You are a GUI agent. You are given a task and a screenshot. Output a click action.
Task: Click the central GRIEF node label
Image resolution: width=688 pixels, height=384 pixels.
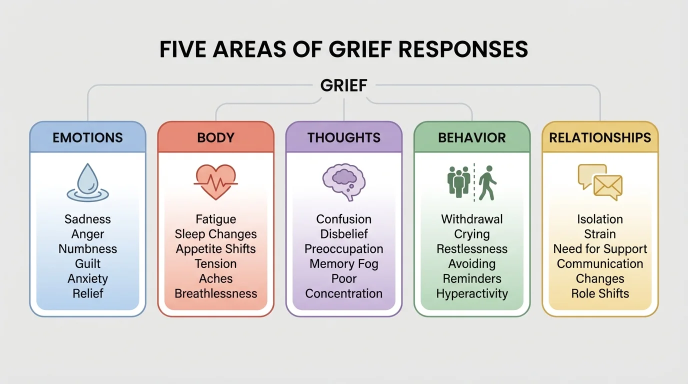(x=343, y=85)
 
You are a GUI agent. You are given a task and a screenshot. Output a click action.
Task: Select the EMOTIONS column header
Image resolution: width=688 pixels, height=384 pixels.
(x=87, y=137)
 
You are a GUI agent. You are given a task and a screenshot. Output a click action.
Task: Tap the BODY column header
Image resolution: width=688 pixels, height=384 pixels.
(x=216, y=137)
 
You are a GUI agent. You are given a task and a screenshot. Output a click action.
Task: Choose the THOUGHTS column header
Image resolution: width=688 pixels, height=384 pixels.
(x=344, y=137)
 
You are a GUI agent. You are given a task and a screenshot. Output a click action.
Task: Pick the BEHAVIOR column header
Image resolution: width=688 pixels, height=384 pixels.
(x=472, y=137)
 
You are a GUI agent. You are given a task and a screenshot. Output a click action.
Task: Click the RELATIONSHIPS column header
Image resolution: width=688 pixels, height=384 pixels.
(x=600, y=137)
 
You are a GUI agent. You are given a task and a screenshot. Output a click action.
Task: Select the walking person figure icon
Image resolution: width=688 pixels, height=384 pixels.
(x=486, y=182)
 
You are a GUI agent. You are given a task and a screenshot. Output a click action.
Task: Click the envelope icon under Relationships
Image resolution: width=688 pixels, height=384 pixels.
(x=607, y=187)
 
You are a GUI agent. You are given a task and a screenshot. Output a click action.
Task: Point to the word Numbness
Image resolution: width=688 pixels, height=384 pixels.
(x=87, y=249)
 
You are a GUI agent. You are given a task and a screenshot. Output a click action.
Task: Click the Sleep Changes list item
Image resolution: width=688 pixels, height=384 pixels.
(x=216, y=234)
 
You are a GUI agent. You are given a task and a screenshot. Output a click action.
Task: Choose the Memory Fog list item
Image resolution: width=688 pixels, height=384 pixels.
(x=344, y=263)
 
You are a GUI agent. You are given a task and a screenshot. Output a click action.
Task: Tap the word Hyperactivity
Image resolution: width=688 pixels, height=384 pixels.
(x=472, y=293)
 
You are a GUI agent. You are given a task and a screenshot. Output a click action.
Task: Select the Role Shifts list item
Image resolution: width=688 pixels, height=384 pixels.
(x=600, y=293)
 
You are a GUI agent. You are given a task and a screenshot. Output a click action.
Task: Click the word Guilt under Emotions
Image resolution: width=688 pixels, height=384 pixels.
(x=87, y=263)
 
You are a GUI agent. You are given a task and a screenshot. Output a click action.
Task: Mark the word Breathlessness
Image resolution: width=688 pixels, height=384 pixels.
(x=216, y=293)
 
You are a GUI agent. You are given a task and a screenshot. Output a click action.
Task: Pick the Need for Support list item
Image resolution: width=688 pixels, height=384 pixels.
(x=600, y=249)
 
